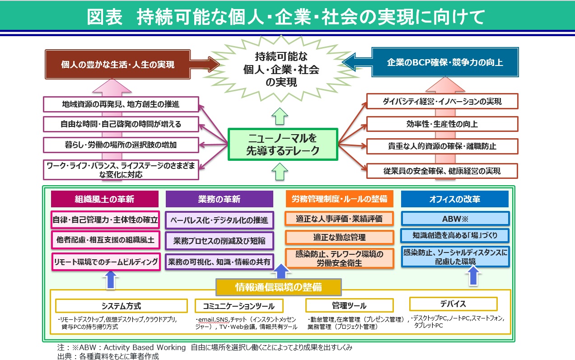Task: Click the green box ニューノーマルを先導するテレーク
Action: click(x=283, y=145)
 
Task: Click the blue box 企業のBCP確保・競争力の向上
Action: click(x=445, y=63)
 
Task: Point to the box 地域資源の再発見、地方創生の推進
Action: click(x=121, y=104)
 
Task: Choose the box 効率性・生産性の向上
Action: click(x=442, y=123)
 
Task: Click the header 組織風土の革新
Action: click(x=104, y=199)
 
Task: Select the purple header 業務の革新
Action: click(x=219, y=199)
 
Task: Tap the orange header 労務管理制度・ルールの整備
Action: click(x=339, y=199)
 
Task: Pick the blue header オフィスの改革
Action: click(x=454, y=199)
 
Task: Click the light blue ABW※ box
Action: click(x=455, y=219)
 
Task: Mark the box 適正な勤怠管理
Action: click(x=339, y=237)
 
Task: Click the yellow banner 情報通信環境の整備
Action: click(x=278, y=287)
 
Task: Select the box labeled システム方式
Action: click(x=121, y=306)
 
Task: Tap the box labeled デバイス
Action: click(x=453, y=304)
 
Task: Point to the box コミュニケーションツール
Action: click(x=239, y=306)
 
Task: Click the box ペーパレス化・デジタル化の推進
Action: click(x=219, y=220)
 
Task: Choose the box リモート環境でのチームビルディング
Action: click(x=106, y=262)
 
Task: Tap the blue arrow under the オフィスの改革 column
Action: click(x=473, y=276)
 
